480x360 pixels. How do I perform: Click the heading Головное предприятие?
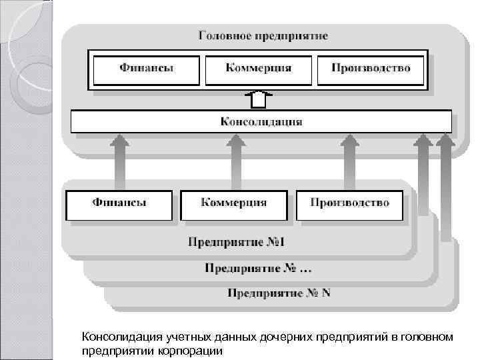(263, 35)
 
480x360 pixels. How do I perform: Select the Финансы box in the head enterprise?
(147, 69)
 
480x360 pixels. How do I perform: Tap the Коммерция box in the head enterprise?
(259, 69)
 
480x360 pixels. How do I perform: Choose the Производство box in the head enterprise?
(370, 69)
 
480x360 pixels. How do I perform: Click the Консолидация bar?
(261, 122)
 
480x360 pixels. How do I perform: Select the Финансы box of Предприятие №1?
(119, 203)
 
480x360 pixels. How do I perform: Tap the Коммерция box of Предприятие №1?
(234, 203)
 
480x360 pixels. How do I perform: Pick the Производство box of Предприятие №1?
(349, 203)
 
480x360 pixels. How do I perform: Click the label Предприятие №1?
(237, 241)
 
